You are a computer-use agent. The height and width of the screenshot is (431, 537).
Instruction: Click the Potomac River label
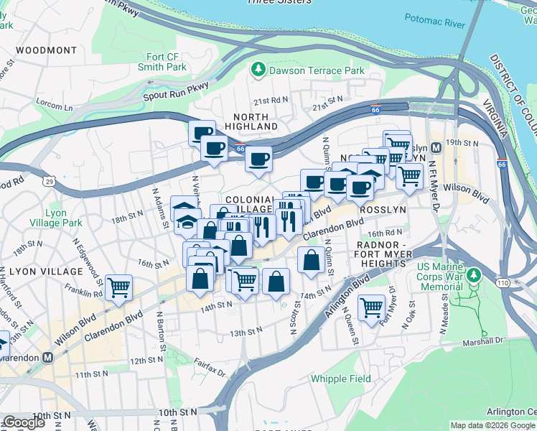click(434, 23)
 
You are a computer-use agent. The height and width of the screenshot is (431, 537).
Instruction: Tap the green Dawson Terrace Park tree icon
click(257, 70)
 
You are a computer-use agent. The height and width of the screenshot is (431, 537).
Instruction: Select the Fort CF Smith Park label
click(162, 62)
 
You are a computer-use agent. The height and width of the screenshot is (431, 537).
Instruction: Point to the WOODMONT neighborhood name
click(45, 50)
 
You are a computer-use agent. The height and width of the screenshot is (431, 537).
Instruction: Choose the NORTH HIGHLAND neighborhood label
click(251, 121)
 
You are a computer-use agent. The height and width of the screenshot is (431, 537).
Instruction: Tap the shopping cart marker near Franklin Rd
click(118, 287)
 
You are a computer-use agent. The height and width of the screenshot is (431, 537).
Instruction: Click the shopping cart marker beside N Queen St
click(371, 307)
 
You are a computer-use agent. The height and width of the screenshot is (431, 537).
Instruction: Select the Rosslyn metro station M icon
click(436, 148)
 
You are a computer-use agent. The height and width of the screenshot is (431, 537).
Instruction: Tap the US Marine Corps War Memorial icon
click(473, 275)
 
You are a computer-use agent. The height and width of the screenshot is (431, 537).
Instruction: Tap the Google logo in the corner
click(24, 422)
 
